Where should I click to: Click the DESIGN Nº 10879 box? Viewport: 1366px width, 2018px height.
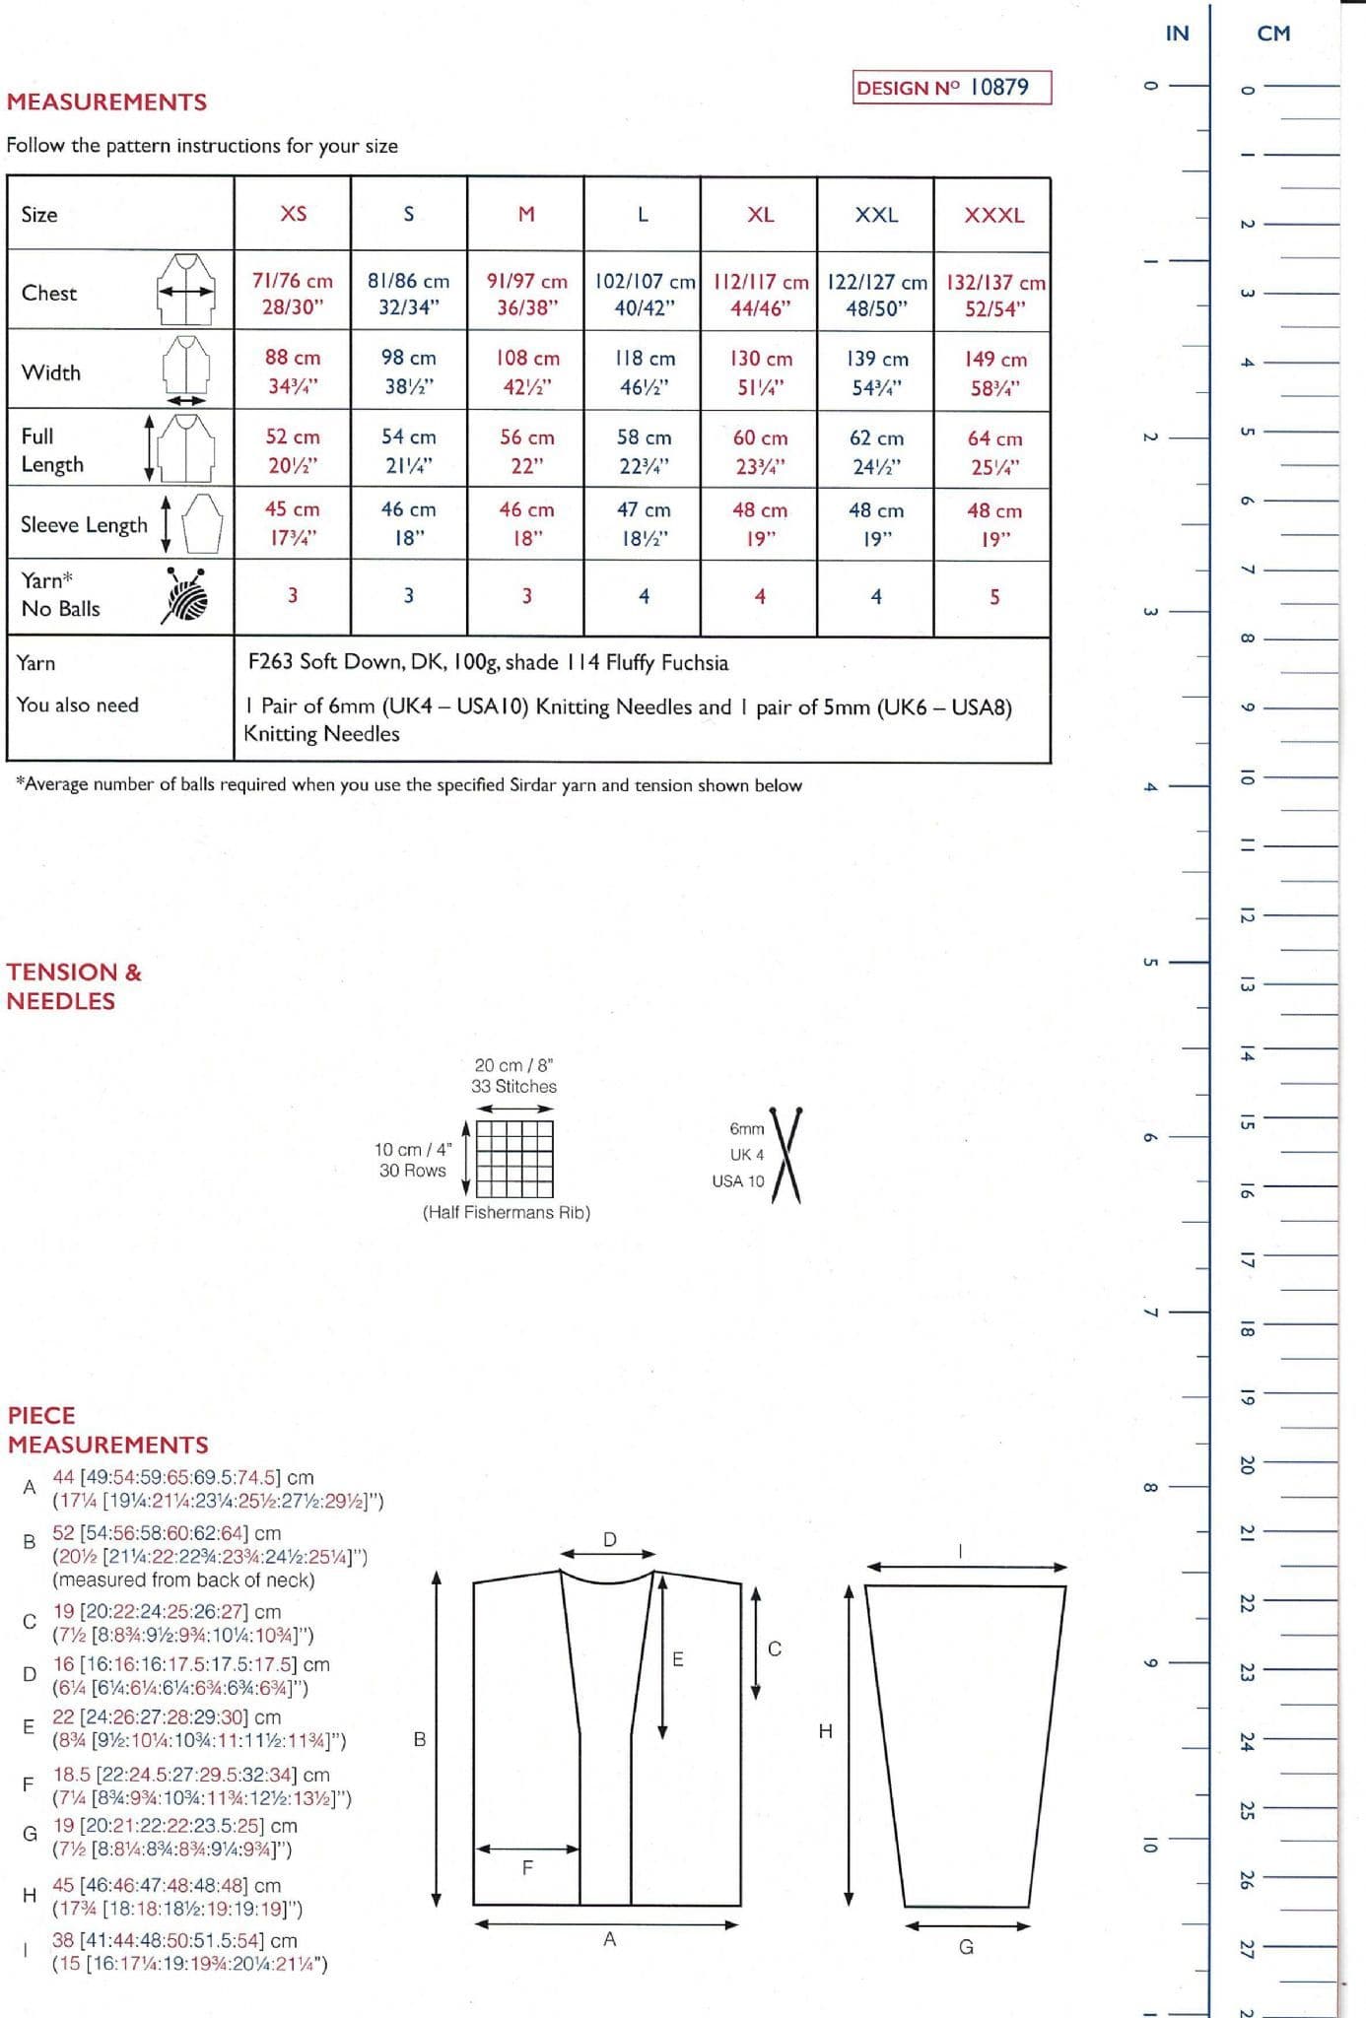(951, 87)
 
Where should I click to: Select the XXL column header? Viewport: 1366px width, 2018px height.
(876, 214)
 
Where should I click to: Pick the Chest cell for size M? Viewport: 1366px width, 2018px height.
(526, 294)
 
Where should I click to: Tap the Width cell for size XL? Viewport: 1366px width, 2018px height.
(760, 372)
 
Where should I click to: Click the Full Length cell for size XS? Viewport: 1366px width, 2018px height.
(293, 450)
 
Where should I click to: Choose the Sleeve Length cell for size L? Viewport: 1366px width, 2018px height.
(643, 523)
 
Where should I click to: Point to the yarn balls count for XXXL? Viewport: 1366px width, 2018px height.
(993, 596)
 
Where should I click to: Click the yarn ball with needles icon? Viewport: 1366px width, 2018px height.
(185, 594)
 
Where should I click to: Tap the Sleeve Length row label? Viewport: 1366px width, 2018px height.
(84, 524)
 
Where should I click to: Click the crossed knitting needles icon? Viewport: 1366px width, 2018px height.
(786, 1155)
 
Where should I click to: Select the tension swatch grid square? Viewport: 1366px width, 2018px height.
(514, 1159)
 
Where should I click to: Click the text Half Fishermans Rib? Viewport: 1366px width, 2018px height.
(507, 1212)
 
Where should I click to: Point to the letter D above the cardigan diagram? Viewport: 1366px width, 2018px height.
(609, 1539)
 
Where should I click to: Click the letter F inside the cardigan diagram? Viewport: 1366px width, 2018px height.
(527, 1866)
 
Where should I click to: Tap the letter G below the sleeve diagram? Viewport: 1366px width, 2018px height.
(966, 1946)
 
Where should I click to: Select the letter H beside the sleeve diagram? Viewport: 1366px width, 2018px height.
(826, 1730)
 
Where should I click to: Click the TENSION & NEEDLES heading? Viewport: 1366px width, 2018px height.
(74, 986)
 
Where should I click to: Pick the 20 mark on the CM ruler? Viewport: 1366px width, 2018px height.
(1246, 1464)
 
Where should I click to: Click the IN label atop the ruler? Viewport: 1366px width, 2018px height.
(1177, 34)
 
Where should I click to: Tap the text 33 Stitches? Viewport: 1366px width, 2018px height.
(513, 1086)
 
